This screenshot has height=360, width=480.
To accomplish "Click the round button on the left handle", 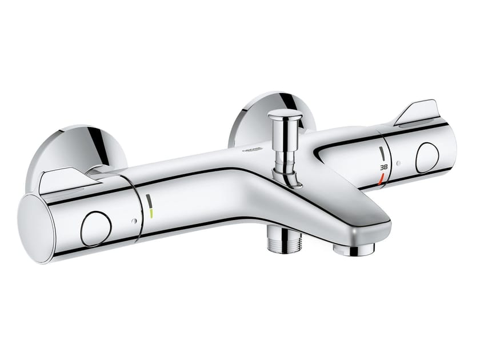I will (x=96, y=228).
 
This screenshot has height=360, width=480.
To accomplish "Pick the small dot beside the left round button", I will (x=133, y=222).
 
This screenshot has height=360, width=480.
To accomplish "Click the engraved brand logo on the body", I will (x=251, y=150).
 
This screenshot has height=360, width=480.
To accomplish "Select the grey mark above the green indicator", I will (x=150, y=201).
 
